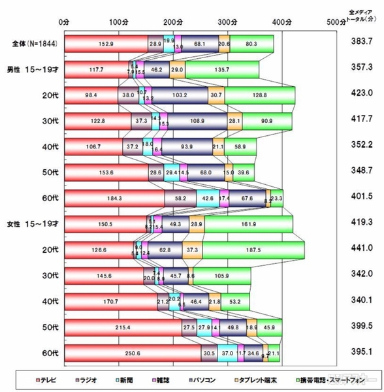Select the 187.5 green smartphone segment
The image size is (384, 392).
(254, 250)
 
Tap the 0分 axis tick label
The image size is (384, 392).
(63, 22)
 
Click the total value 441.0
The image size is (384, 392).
(359, 250)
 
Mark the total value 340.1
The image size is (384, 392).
(359, 301)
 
